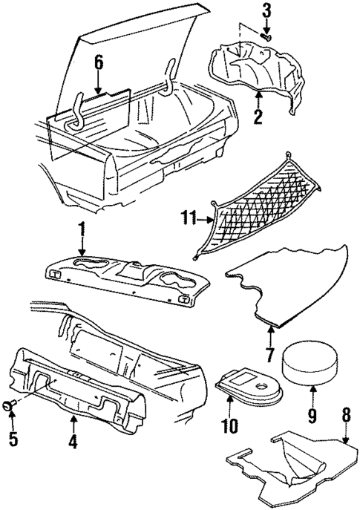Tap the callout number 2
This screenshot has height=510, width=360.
[x=258, y=117]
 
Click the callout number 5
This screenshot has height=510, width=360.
[x=13, y=438]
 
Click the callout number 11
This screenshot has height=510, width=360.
[x=187, y=218]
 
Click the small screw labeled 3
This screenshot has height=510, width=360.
[x=266, y=36]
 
